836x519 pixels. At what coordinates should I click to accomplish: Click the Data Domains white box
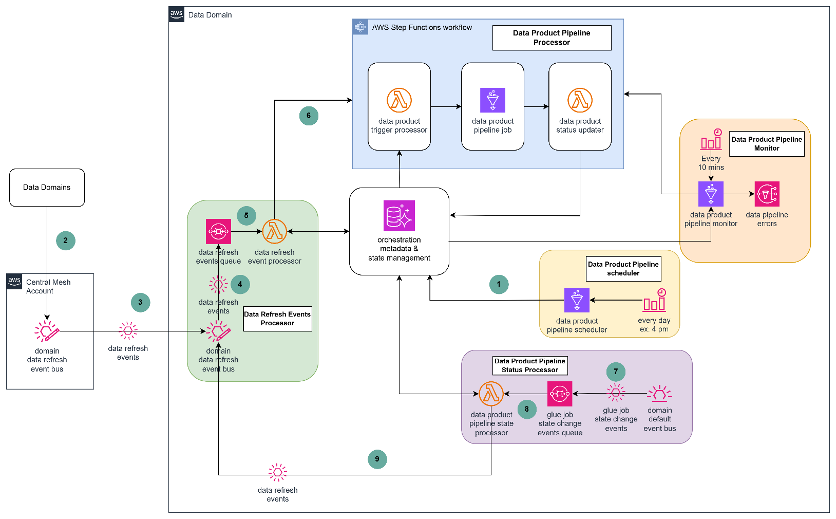pos(47,188)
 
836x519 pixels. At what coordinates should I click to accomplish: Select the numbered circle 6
pos(309,116)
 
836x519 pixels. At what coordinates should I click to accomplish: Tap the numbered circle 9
pos(377,459)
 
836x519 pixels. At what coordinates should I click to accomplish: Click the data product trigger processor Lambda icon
pos(399,100)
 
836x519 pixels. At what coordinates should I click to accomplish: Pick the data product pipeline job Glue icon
pos(492,100)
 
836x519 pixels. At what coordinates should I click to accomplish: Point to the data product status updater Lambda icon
pos(580,100)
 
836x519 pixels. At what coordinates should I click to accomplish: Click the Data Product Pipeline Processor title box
pos(552,38)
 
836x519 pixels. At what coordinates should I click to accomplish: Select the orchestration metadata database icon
pos(399,215)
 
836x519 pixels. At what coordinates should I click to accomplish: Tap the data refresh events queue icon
pos(218,231)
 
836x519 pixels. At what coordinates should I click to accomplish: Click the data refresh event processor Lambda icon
pos(274,231)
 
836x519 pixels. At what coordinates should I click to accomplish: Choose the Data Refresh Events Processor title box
pos(277,319)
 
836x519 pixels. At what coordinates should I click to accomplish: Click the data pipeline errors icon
pos(767,194)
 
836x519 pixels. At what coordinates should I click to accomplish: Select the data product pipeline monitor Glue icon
pos(711,194)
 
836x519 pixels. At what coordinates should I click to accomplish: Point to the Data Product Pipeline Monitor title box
pos(767,144)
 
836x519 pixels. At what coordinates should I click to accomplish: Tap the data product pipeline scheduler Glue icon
pos(577,300)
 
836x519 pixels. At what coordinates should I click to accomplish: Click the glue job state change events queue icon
pos(560,394)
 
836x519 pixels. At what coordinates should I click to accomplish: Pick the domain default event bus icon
pos(659,394)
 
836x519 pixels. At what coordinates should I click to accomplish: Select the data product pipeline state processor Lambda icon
pos(491,394)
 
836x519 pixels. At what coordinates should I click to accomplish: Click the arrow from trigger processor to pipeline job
pos(446,106)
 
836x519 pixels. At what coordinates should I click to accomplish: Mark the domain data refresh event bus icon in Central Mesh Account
pos(47,331)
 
